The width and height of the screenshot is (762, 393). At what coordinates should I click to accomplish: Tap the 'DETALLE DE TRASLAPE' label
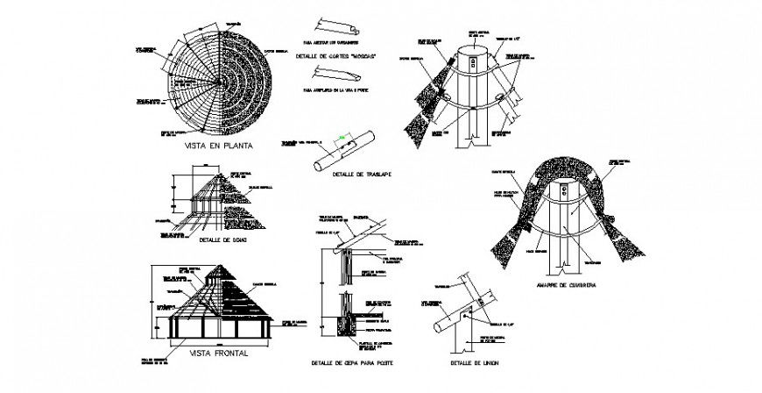[x=362, y=175]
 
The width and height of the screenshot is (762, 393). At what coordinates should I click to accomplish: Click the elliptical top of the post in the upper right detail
[x=475, y=41]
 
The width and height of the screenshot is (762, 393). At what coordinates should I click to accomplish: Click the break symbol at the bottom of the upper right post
[x=475, y=139]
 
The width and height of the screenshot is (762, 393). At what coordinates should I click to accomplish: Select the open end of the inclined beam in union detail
[x=440, y=327]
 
